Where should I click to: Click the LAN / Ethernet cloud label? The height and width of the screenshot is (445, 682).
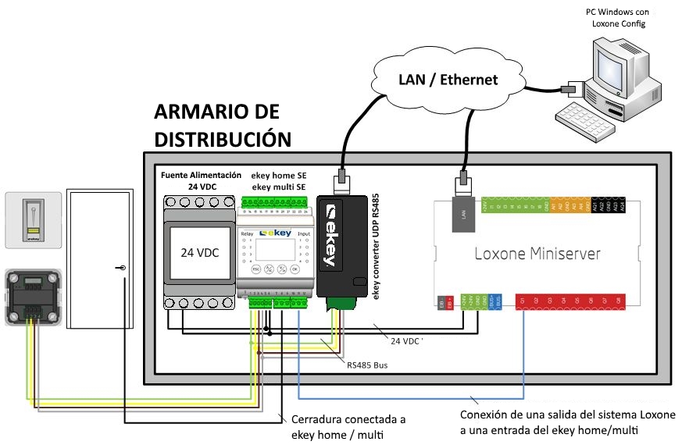point(448,80)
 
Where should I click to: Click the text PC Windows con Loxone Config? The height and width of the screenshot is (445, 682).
point(616,18)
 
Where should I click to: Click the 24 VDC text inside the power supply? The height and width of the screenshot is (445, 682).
point(198,253)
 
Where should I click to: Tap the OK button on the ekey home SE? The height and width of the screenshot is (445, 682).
point(295,268)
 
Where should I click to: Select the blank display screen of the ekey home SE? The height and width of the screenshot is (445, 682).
point(277,248)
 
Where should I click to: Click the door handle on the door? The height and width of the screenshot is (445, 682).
point(123,268)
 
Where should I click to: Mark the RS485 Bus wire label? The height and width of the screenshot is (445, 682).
point(367,364)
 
